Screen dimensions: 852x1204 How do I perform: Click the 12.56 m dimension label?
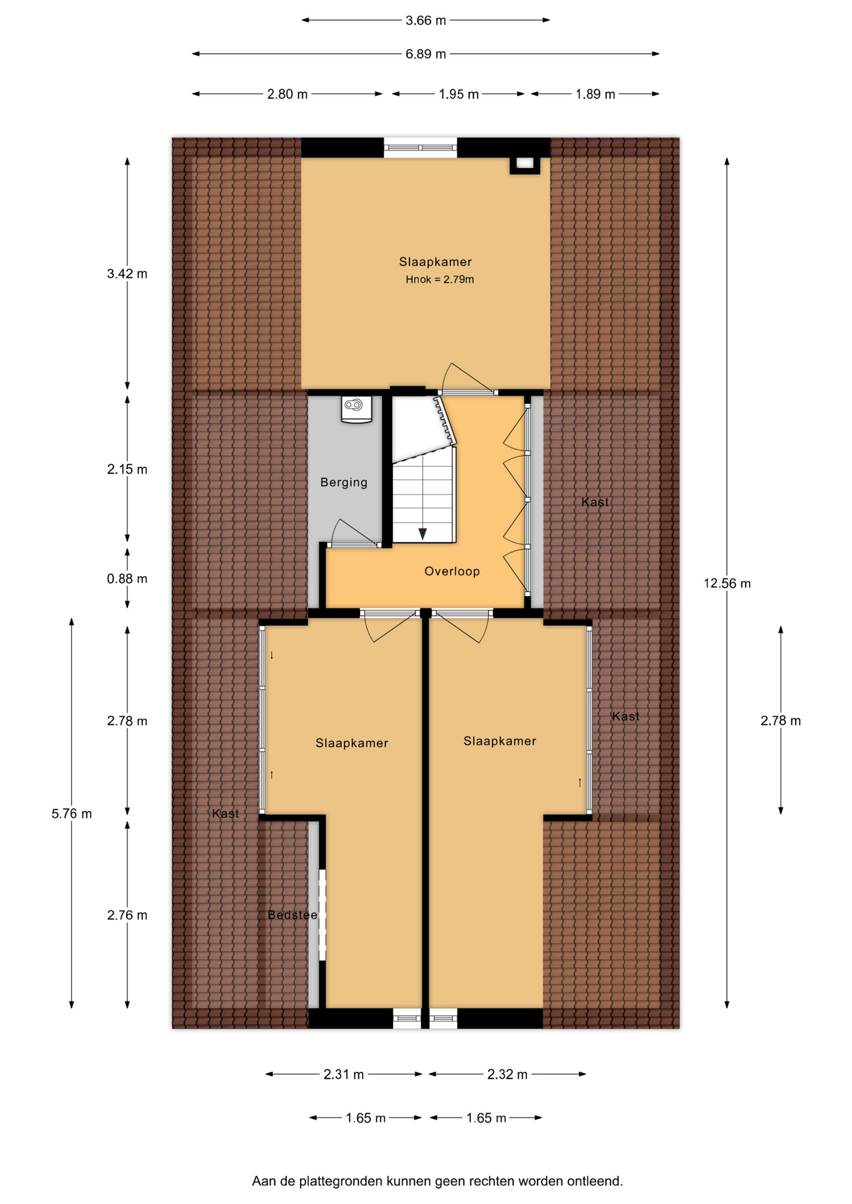click(727, 583)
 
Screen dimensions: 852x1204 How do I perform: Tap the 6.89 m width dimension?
click(425, 54)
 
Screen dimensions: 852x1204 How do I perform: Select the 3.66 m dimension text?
click(425, 20)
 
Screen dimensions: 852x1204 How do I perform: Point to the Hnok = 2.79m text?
click(439, 280)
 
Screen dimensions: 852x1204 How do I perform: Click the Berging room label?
click(344, 482)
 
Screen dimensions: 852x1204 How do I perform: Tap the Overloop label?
click(452, 571)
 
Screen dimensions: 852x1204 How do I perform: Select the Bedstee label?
click(292, 915)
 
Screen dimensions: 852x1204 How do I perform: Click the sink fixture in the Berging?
click(356, 409)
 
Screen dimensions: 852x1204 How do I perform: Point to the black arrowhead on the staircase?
click(423, 534)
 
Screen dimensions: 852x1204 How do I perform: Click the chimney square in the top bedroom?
click(525, 164)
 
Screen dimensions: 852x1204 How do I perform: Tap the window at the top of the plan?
click(420, 148)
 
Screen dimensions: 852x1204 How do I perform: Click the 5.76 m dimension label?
click(72, 814)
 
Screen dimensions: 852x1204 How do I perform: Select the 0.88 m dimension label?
click(127, 579)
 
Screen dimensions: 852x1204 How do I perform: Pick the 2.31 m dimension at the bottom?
click(344, 1074)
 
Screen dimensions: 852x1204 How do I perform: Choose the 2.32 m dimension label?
click(508, 1074)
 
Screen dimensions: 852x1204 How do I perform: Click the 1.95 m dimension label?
click(459, 94)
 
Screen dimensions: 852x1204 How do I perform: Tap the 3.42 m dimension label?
click(127, 273)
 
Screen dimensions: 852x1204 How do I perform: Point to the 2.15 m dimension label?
click(127, 469)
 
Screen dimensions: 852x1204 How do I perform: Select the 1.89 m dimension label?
click(595, 94)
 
